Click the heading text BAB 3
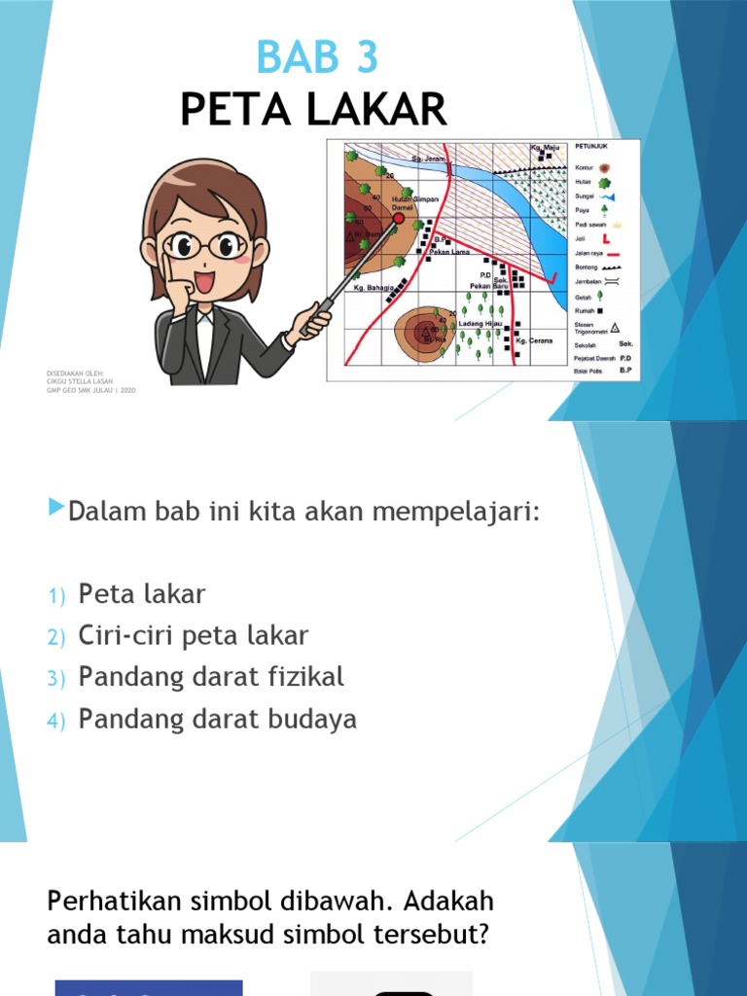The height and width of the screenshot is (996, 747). click(316, 57)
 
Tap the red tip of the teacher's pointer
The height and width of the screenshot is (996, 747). click(399, 220)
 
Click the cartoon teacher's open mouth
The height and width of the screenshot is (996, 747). click(204, 283)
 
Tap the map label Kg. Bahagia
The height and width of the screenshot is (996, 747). click(373, 288)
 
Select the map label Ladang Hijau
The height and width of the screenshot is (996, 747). click(480, 323)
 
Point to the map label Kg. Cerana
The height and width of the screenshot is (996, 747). click(534, 340)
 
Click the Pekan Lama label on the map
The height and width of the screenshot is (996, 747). click(448, 252)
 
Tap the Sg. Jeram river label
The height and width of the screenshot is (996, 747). click(428, 158)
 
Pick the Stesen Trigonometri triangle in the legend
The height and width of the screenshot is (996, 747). click(616, 328)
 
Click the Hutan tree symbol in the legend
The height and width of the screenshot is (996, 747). click(605, 181)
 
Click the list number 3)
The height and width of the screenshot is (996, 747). click(54, 679)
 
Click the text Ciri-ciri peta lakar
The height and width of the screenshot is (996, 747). click(194, 636)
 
